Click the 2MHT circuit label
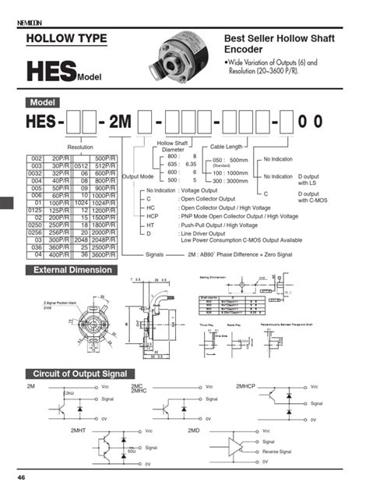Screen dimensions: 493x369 click(80, 429)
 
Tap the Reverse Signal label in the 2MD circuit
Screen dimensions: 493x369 click(276, 451)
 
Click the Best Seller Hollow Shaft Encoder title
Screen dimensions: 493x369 click(272, 43)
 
